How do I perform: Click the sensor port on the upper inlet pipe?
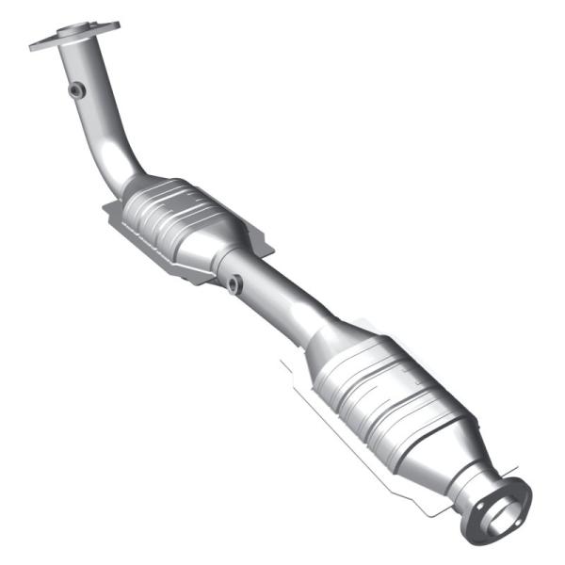(x=76, y=90)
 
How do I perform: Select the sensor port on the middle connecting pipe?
(x=233, y=283)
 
